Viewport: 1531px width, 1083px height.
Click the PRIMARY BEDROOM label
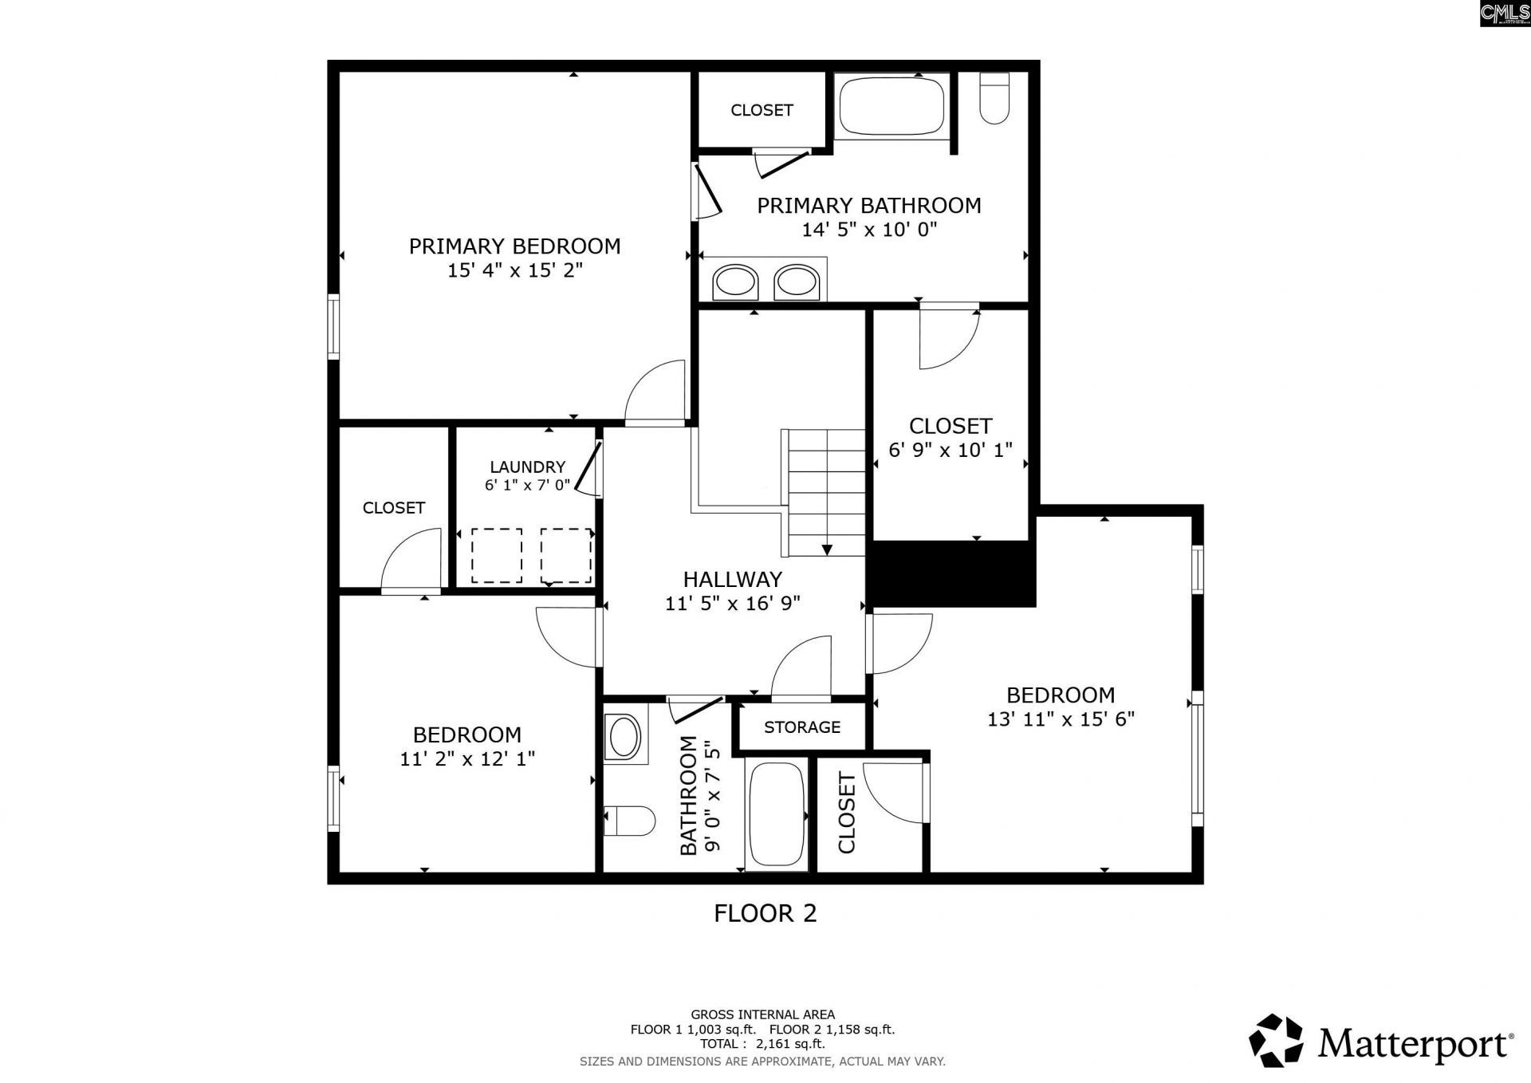pos(514,246)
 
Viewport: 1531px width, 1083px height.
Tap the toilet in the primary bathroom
pos(994,98)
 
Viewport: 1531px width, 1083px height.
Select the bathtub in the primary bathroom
pos(891,106)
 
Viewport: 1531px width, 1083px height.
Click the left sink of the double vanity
pos(734,282)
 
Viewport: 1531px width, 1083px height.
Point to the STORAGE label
pos(802,727)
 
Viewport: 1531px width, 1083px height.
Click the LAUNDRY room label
pos(527,467)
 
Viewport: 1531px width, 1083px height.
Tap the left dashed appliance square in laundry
pos(497,556)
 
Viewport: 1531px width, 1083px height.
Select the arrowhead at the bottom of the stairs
pos(827,549)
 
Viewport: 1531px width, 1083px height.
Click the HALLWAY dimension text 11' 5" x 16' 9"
pos(733,604)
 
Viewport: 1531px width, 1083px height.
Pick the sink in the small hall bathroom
pos(624,736)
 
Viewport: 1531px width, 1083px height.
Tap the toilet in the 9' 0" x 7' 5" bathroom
pos(629,821)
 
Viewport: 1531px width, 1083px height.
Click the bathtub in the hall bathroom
pos(777,813)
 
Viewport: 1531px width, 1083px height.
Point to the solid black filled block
pos(950,573)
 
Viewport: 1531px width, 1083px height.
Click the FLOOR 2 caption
pos(765,913)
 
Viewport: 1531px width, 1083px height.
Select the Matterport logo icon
pos(1276,1041)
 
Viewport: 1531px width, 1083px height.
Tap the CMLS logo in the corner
pos(1505,14)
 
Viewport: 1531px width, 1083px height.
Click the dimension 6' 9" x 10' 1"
pos(950,451)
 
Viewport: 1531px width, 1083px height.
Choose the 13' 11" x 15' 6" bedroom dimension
pos(1061,719)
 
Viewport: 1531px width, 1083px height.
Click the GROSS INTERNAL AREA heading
pos(763,1014)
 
